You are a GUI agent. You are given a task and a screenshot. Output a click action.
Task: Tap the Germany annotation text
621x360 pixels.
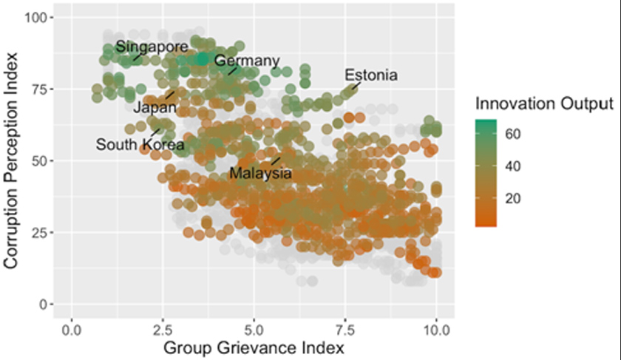click(247, 61)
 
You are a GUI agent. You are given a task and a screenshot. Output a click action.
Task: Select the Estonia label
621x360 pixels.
click(371, 75)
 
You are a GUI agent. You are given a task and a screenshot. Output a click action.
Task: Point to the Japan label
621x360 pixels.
click(155, 108)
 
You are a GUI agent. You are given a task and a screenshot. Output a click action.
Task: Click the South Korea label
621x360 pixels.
click(140, 144)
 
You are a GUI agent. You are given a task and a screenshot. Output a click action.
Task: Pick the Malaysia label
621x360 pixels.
click(260, 174)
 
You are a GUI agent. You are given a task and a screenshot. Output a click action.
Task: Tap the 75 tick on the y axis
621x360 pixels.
click(38, 89)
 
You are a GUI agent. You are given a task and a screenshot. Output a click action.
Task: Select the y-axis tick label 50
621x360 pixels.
click(38, 160)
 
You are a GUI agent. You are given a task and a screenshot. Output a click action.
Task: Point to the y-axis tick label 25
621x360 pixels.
click(38, 232)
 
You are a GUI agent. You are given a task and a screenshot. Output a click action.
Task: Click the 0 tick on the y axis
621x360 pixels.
click(41, 304)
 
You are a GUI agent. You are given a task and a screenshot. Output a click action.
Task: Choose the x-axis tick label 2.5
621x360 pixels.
click(163, 326)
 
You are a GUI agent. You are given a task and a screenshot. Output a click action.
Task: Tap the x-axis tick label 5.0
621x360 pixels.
click(254, 326)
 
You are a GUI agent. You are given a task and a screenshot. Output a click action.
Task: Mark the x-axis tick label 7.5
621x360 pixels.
click(345, 326)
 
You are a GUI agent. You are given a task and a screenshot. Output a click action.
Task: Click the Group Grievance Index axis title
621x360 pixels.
click(254, 346)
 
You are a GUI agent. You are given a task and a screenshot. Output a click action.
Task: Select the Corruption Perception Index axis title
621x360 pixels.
click(12, 160)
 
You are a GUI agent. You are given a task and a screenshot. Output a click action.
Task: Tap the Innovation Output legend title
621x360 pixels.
click(544, 103)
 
